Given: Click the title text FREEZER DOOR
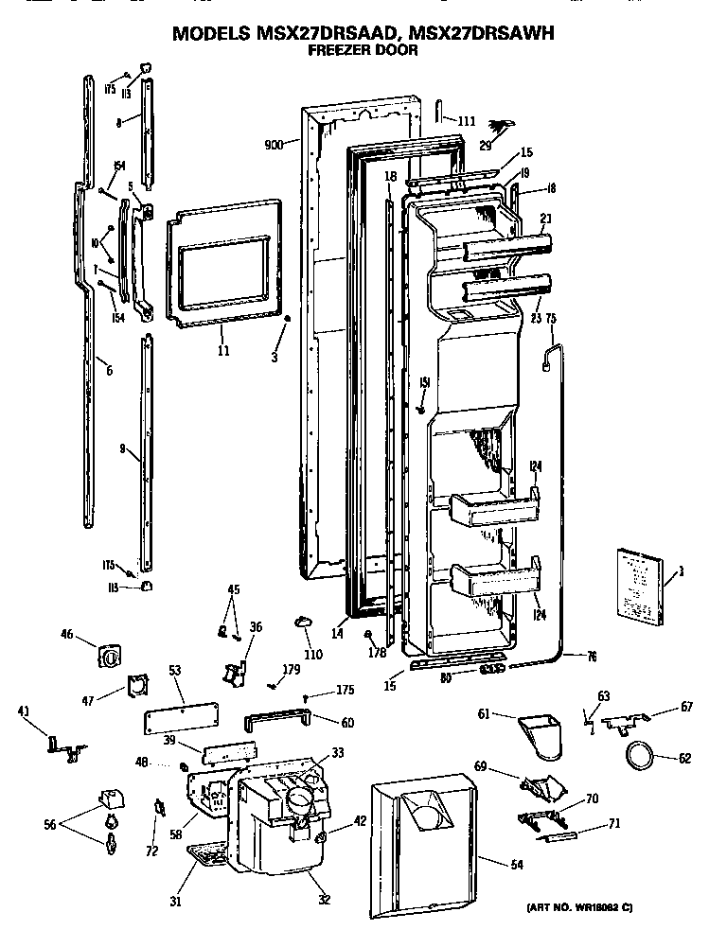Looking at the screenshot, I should (363, 51).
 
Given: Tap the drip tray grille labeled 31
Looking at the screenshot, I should (210, 856).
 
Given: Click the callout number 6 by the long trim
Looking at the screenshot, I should (109, 371).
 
